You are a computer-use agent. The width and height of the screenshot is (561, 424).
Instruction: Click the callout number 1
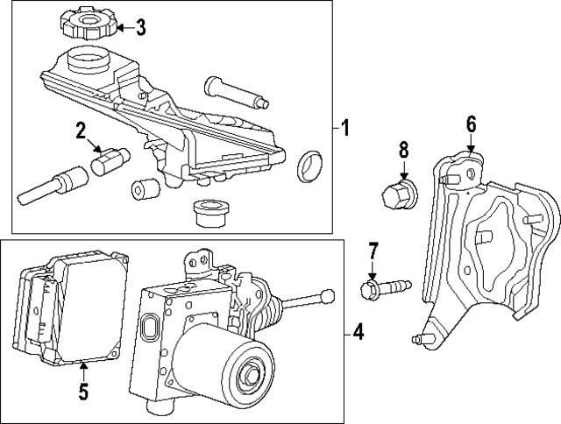(345, 129)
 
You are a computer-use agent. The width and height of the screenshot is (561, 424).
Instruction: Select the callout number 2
(81, 132)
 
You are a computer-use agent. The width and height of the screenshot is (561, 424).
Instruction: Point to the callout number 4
(358, 332)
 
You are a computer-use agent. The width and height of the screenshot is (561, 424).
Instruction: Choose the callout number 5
(82, 392)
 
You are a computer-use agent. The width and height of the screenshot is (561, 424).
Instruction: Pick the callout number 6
(471, 124)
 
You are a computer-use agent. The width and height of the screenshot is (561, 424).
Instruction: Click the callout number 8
(404, 149)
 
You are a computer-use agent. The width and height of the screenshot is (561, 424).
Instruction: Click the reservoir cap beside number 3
(87, 25)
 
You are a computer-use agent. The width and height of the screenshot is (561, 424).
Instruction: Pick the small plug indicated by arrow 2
(110, 160)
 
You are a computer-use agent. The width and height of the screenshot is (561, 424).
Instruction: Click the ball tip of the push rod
(329, 294)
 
